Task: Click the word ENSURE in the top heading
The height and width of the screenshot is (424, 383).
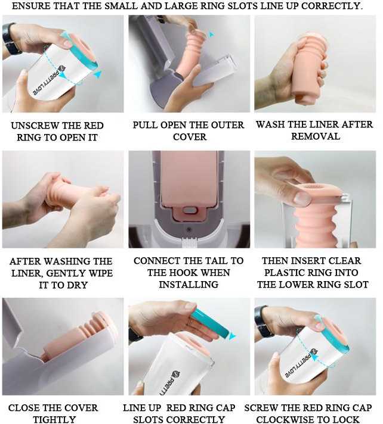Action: [30, 6]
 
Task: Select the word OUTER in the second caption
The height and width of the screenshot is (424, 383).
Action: [227, 125]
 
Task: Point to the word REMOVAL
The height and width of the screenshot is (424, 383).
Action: [316, 136]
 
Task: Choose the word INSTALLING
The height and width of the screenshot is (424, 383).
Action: [189, 285]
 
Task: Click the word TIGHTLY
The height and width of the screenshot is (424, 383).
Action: [54, 419]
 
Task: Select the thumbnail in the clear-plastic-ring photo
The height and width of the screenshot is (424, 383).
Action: [302, 198]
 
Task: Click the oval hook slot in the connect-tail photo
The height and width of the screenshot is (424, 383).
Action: [189, 210]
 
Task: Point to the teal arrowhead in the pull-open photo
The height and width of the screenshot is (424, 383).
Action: [211, 35]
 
